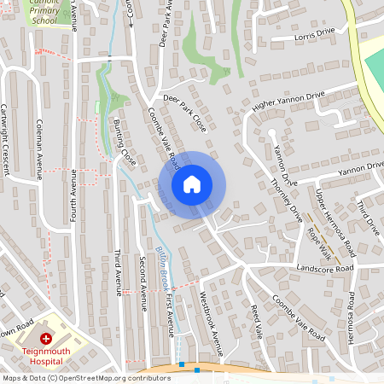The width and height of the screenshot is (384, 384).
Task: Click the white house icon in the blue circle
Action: pyautogui.click(x=192, y=183)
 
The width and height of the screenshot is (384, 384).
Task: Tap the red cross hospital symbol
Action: pyautogui.click(x=45, y=339)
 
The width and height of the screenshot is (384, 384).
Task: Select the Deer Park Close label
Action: pyautogui.click(x=185, y=113)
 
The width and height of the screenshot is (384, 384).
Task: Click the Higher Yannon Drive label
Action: pyautogui.click(x=288, y=100)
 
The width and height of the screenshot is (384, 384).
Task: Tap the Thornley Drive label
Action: pyautogui.click(x=287, y=201)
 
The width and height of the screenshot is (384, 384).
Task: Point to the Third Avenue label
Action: pyautogui.click(x=119, y=273)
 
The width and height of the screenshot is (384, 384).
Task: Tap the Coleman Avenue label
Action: pyautogui.click(x=39, y=150)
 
